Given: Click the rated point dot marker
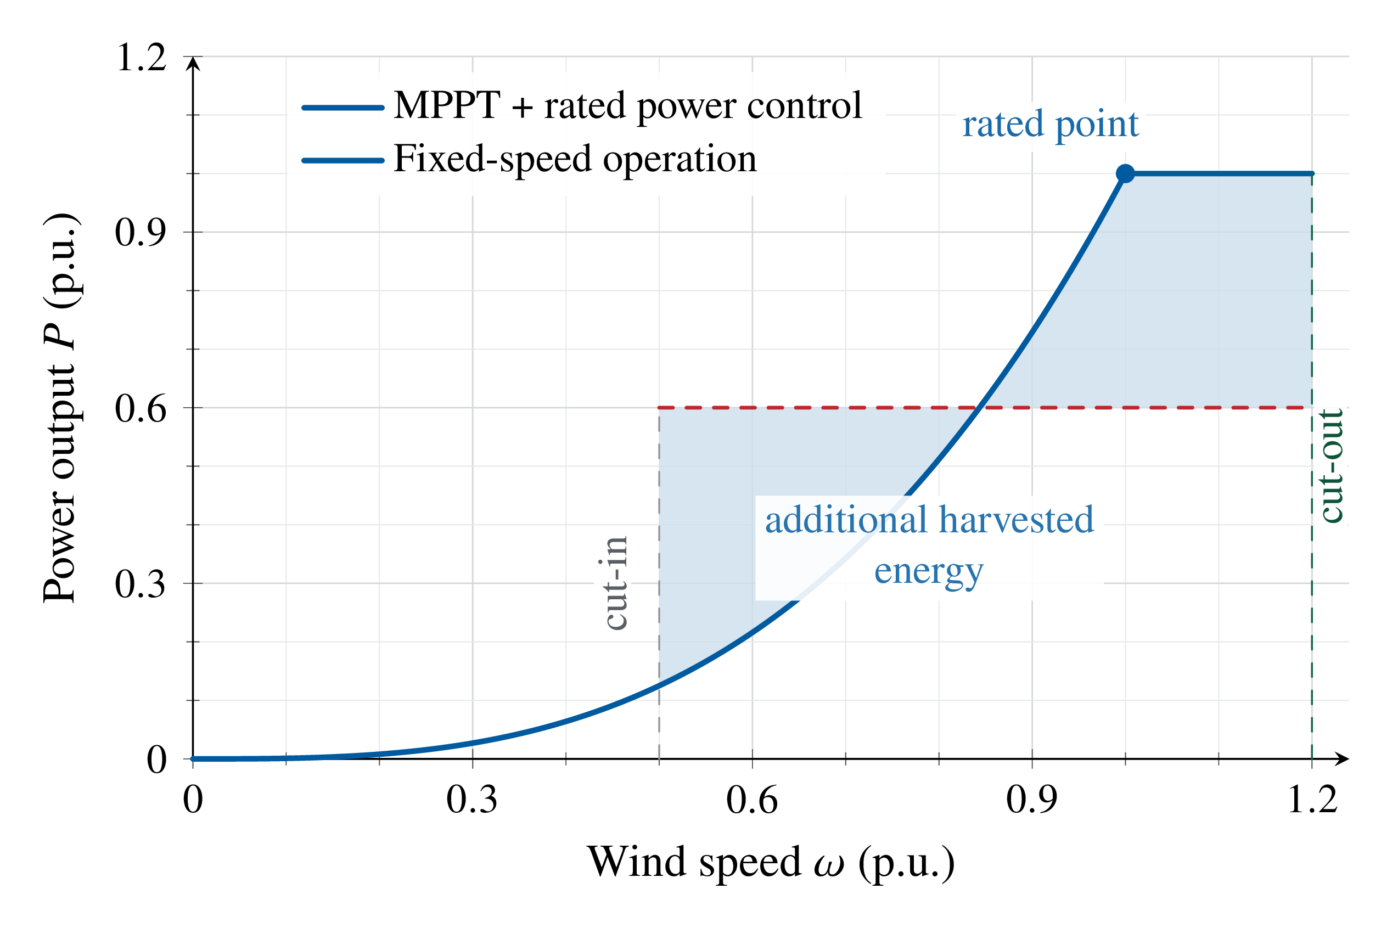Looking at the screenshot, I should pyautogui.click(x=1125, y=173).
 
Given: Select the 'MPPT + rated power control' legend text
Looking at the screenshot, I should pyautogui.click(x=627, y=106).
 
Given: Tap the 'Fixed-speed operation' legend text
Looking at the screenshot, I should pyautogui.click(x=575, y=159).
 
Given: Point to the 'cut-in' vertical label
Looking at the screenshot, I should pyautogui.click(x=616, y=583).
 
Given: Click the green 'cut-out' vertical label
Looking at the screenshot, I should pyautogui.click(x=1332, y=466).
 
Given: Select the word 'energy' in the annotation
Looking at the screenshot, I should pyautogui.click(x=929, y=572).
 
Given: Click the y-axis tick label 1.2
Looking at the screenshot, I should pyautogui.click(x=141, y=58).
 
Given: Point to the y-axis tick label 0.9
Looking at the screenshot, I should pyautogui.click(x=141, y=232).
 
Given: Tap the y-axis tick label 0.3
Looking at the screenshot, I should pyautogui.click(x=141, y=583).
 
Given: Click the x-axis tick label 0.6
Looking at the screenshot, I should pyautogui.click(x=752, y=800).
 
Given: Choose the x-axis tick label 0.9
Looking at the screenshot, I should pyautogui.click(x=1032, y=800).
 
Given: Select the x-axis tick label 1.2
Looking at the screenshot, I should pyautogui.click(x=1312, y=800).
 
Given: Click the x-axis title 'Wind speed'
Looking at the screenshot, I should pyautogui.click(x=693, y=862).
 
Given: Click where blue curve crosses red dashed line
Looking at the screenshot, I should pyautogui.click(x=980, y=408).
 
